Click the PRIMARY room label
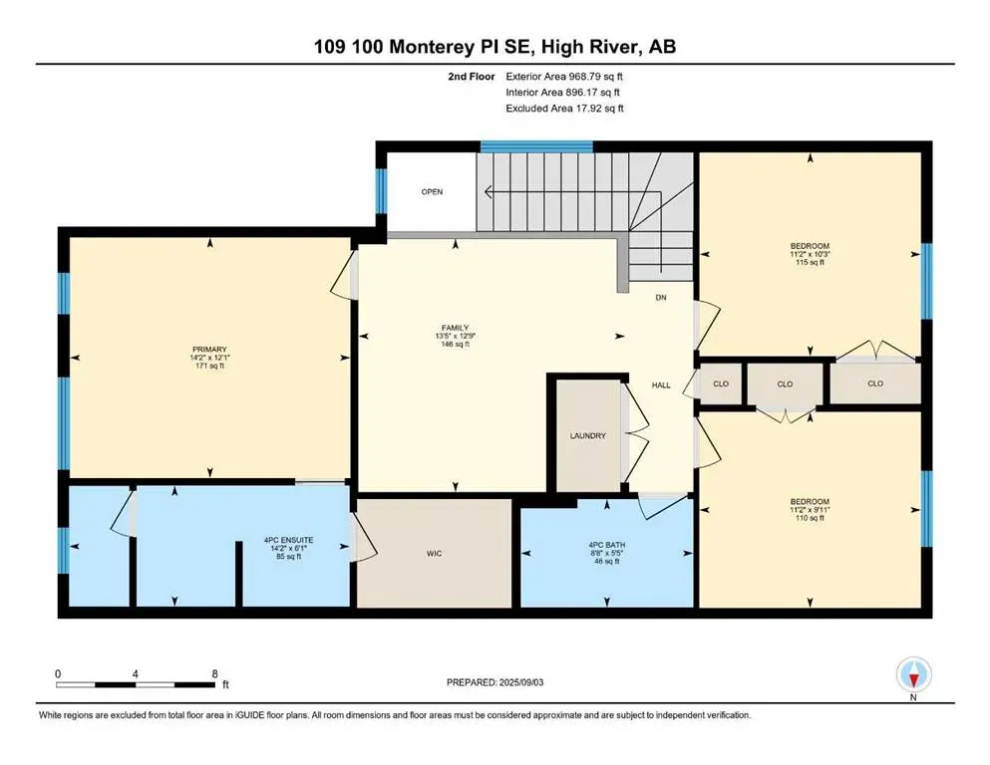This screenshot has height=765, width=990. tap(209, 349)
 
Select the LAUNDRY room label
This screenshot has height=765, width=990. tap(588, 435)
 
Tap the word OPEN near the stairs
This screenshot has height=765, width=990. tap(431, 191)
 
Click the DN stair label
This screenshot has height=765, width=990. tap(661, 298)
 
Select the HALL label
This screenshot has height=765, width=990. tap(661, 384)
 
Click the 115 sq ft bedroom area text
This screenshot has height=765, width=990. tap(809, 262)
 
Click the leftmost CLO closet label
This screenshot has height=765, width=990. tap(721, 383)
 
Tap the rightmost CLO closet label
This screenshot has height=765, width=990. tap(875, 383)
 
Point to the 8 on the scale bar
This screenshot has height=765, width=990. tap(215, 673)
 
